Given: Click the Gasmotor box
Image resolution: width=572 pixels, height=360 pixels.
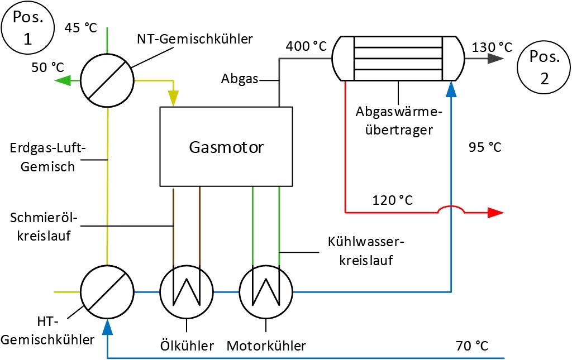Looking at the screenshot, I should coord(226,147).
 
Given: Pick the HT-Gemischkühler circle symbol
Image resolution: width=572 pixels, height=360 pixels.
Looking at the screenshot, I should coord(107,291).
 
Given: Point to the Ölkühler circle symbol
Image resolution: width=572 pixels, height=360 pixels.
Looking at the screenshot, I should coord(187,291).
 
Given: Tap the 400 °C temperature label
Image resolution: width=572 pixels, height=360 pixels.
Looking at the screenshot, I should coord(306,46).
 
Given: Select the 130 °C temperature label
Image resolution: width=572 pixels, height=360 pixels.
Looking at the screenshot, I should coord(492,47).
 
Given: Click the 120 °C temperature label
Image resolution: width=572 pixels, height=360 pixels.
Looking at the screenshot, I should coord(393,199).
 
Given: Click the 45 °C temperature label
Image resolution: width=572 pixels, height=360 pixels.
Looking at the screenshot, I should coord(80,27).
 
